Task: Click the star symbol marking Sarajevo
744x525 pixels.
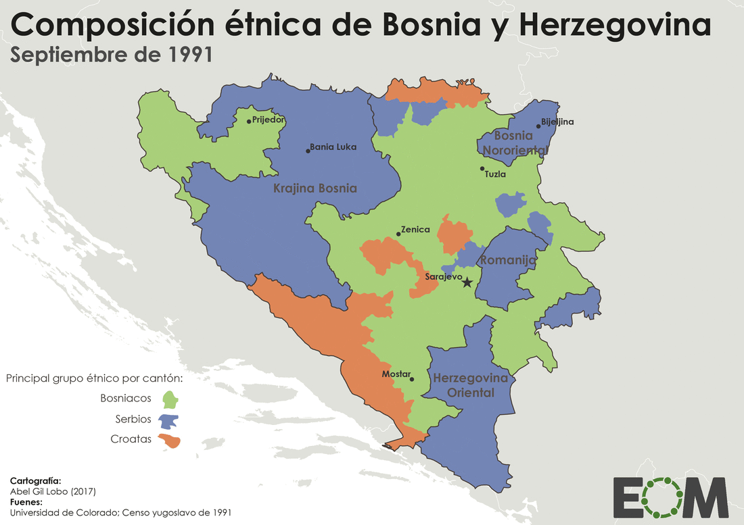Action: (467, 282)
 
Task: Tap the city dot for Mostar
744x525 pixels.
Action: (412, 379)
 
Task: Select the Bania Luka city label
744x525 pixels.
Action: (333, 147)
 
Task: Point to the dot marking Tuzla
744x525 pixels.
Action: (482, 169)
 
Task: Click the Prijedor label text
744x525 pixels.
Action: (269, 120)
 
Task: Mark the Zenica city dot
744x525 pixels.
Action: (398, 234)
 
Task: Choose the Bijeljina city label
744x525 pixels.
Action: (557, 122)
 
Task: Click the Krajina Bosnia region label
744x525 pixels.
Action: (315, 189)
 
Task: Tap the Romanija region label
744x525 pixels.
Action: (508, 260)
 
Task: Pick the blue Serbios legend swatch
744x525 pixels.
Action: (169, 420)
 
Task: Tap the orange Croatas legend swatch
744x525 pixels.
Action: (169, 441)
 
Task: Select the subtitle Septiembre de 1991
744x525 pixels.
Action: (112, 55)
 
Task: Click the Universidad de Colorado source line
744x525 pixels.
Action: (120, 513)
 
